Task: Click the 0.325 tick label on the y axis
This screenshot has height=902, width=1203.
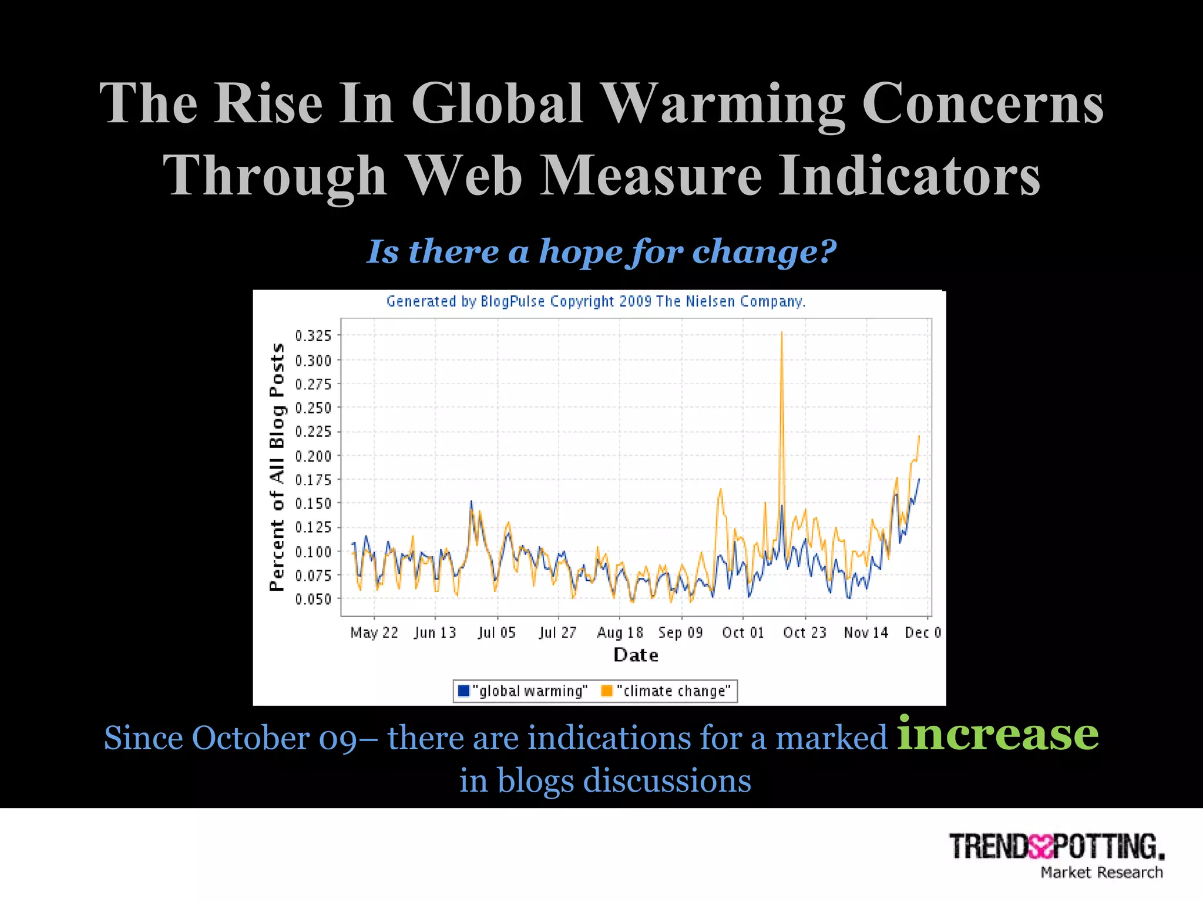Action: [313, 336]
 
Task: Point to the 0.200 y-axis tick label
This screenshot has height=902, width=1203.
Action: [313, 456]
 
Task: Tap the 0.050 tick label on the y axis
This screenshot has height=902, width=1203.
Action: [313, 600]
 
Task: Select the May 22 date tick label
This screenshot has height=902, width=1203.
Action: [374, 632]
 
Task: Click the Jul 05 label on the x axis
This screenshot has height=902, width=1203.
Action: [496, 632]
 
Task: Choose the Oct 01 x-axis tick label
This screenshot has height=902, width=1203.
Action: [743, 632]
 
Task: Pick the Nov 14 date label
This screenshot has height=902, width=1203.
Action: [866, 632]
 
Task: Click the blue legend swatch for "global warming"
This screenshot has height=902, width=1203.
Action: [463, 691]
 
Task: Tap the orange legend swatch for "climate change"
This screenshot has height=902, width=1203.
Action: [607, 691]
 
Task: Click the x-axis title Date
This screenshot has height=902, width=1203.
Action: [636, 655]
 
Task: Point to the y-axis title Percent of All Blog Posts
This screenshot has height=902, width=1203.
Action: [277, 467]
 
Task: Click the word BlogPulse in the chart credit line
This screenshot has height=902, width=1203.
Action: [513, 301]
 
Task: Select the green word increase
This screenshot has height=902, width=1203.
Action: [997, 734]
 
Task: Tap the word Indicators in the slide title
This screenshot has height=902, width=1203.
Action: [909, 176]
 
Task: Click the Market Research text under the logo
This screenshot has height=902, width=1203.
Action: [1101, 873]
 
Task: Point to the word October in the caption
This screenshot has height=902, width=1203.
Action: [251, 738]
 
